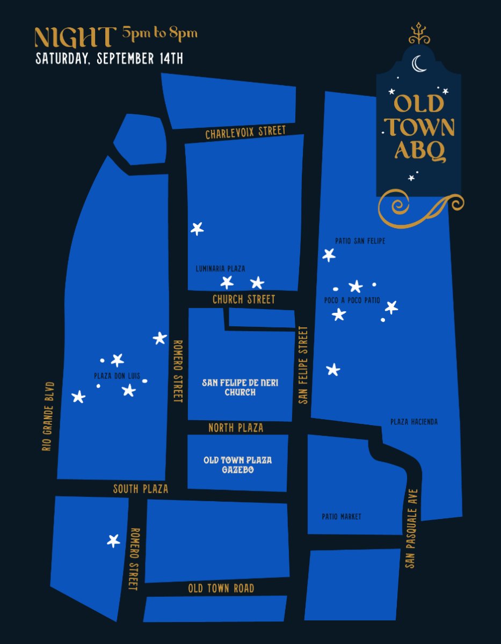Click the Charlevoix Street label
[245, 133]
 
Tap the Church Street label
[243, 299]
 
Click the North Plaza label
[236, 428]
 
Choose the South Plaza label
[140, 489]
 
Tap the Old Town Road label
[221, 589]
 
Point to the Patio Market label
[342, 517]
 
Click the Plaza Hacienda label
[414, 422]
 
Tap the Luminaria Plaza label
[220, 269]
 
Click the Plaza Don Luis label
[117, 376]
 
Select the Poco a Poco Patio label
[352, 301]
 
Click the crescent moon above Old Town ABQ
[418, 64]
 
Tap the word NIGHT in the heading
[75, 36]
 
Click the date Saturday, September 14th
[109, 58]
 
